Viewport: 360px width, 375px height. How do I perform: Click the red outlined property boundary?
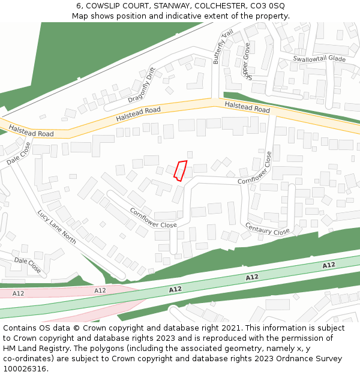[180, 170]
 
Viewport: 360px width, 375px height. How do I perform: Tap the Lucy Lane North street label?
[56, 226]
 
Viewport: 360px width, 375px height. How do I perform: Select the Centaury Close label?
[267, 229]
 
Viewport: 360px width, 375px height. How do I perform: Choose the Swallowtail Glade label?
[319, 59]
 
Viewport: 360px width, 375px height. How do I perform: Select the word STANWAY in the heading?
[173, 5]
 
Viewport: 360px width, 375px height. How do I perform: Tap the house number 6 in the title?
[80, 5]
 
